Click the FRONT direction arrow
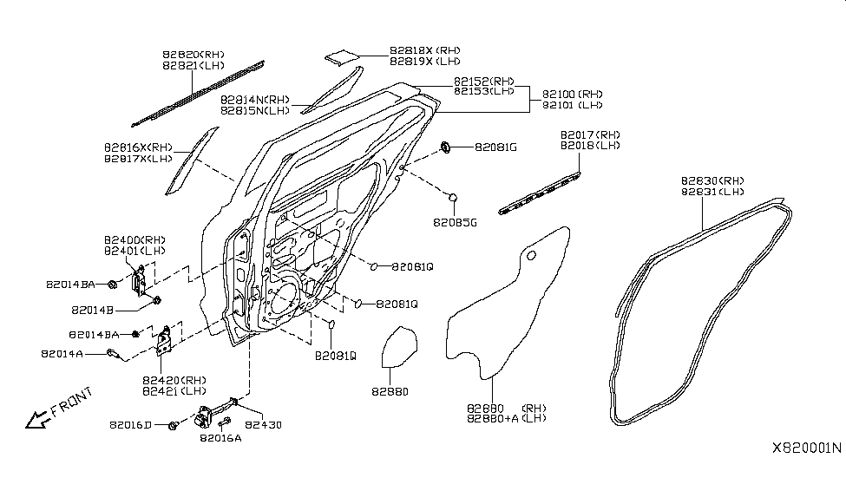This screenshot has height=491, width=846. pyautogui.click(x=39, y=420)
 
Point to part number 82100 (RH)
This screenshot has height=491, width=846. pyautogui.click(x=572, y=94)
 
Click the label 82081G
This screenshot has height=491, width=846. pyautogui.click(x=495, y=147)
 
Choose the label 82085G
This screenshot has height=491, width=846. pyautogui.click(x=456, y=222)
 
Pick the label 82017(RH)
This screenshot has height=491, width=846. pyautogui.click(x=590, y=134)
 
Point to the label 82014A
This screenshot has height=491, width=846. pyautogui.click(x=62, y=354)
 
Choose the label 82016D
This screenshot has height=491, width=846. pyautogui.click(x=131, y=425)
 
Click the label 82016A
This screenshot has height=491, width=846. pyautogui.click(x=220, y=438)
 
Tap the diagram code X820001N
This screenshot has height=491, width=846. pyautogui.click(x=806, y=448)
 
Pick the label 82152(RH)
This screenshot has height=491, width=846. pyautogui.click(x=483, y=81)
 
